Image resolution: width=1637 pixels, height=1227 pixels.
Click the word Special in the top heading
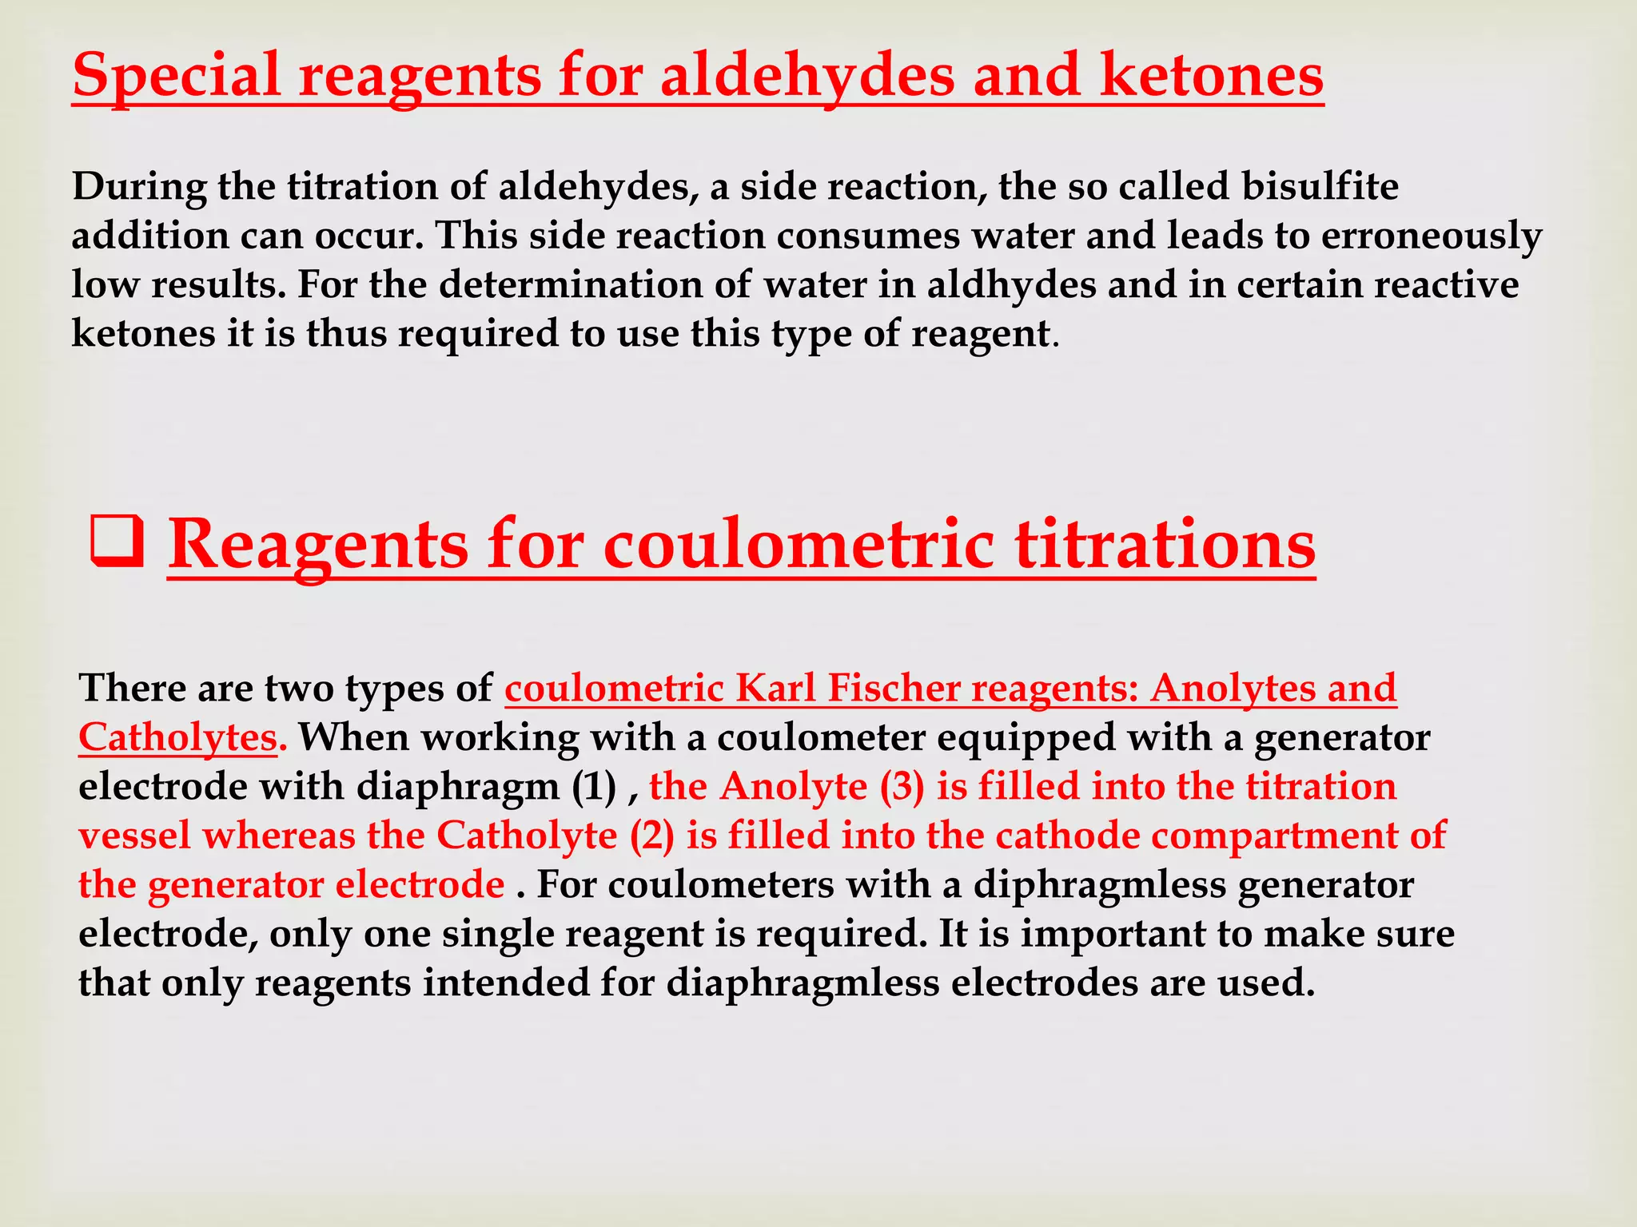pos(176,77)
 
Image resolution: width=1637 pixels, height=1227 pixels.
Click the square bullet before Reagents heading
pos(117,543)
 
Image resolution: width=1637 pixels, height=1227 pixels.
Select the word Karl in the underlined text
pos(775,689)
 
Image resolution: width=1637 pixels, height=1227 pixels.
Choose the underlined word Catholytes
pos(177,737)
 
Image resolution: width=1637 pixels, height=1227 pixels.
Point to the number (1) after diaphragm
pos(594,787)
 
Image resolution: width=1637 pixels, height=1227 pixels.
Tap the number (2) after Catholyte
pos(652,836)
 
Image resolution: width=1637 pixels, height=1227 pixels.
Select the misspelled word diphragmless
pos(1099,885)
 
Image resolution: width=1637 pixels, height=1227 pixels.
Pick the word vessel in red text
pos(135,836)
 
